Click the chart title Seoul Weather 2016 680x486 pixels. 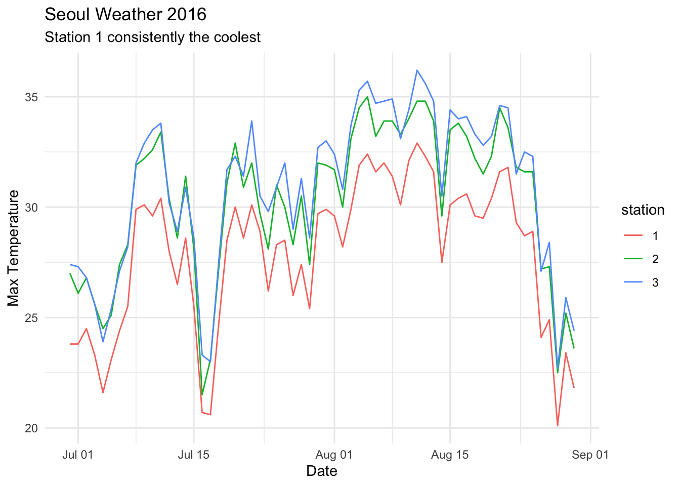click(125, 15)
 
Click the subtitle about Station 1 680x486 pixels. click(152, 37)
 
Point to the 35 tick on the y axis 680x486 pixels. click(33, 97)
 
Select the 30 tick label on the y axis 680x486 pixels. click(33, 207)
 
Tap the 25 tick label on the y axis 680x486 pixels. click(33, 318)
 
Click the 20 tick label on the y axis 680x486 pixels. click(33, 428)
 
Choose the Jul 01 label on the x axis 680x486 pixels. click(78, 455)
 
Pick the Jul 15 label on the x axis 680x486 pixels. click(194, 455)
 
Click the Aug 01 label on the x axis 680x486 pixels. click(334, 455)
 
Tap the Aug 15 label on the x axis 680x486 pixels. click(450, 455)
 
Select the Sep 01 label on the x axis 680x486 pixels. click(590, 455)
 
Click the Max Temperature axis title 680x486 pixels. click(14, 248)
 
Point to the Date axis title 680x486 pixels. click(322, 471)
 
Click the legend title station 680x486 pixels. click(643, 210)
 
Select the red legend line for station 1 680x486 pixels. click(632, 236)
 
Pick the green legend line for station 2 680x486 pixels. click(632, 259)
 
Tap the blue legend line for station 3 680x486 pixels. click(632, 282)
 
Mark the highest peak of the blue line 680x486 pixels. click(417, 70)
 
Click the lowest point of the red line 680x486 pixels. click(558, 426)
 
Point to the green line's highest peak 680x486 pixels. click(367, 97)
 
